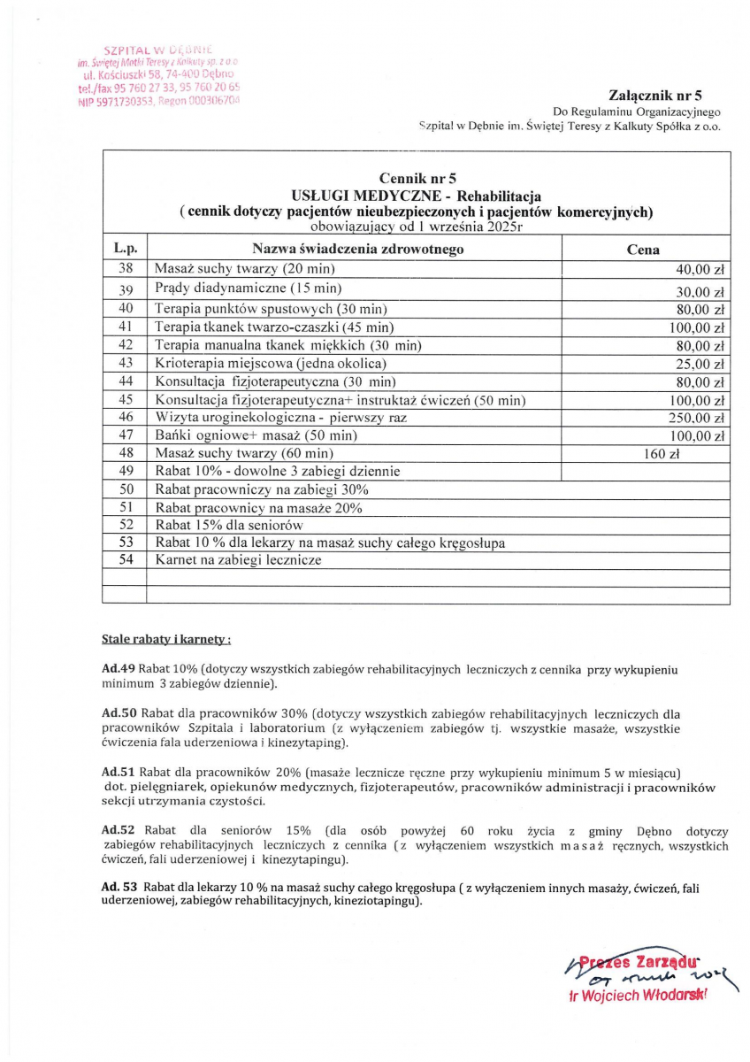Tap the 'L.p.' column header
(x=125, y=250)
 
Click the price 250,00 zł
(x=696, y=419)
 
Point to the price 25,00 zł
(x=700, y=364)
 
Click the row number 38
(x=125, y=268)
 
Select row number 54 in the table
(x=125, y=560)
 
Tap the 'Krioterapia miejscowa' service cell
(x=271, y=363)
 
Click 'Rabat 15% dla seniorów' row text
(x=229, y=525)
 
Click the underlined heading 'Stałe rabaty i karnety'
(x=167, y=638)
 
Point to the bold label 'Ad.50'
(x=118, y=713)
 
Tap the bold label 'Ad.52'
(x=118, y=832)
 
